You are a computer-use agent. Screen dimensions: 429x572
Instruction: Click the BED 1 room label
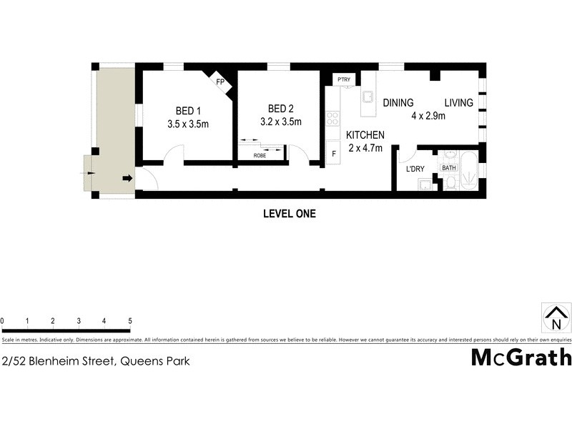[x=189, y=110]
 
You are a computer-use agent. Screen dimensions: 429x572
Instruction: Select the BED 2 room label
[x=281, y=109]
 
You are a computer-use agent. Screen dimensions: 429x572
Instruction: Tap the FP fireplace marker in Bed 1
[x=221, y=82]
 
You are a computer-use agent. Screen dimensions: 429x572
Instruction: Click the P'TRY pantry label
[x=343, y=79]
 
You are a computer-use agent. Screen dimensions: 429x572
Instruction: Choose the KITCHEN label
[x=365, y=134]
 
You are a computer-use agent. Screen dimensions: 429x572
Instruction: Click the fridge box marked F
[x=332, y=152]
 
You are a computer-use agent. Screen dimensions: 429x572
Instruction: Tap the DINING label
[x=398, y=103]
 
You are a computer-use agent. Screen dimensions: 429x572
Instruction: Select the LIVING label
[x=458, y=103]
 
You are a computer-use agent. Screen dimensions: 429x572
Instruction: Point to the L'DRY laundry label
[x=416, y=169]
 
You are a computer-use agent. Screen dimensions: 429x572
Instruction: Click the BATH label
[x=448, y=168]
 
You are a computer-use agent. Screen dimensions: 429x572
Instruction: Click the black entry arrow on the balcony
[x=127, y=178]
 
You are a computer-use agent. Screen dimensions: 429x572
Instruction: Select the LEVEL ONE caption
[x=289, y=213]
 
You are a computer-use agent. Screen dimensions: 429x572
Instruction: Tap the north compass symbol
[x=556, y=317]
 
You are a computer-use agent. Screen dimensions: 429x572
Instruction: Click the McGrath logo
[x=521, y=357]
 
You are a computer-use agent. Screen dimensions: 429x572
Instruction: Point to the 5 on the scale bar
[x=129, y=321]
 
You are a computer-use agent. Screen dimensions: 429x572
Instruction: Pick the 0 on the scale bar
[x=3, y=321]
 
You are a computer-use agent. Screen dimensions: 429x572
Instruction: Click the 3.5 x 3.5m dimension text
[x=187, y=124]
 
